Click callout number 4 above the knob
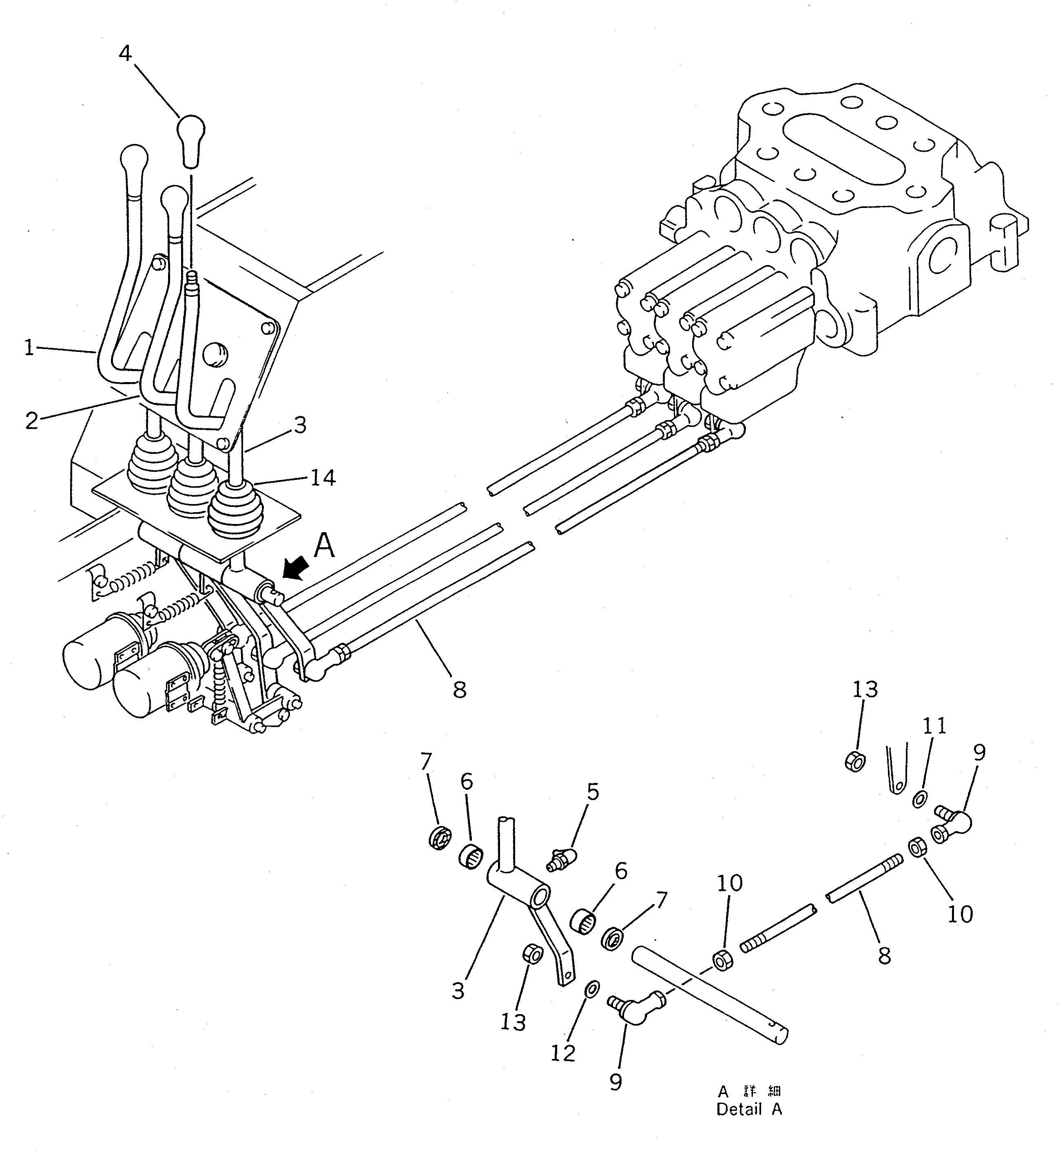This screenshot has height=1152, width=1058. point(125,53)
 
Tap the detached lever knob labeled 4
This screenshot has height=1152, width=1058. point(191,141)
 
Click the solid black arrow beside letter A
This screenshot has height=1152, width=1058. point(297,570)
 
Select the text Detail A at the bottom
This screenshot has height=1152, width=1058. point(749,1109)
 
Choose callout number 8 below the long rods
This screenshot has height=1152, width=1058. point(460,690)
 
